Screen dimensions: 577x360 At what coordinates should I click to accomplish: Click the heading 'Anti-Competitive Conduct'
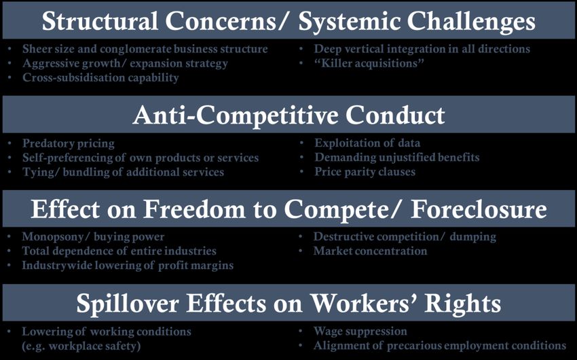coord(289,115)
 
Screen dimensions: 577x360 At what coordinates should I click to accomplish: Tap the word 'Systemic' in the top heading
coord(349,21)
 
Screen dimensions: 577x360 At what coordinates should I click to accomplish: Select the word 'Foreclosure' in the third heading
coord(479,209)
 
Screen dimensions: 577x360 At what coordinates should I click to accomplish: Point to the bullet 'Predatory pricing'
coord(69,143)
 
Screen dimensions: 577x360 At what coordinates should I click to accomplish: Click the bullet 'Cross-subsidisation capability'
coord(100,77)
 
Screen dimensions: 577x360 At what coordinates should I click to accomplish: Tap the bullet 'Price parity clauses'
coord(365,172)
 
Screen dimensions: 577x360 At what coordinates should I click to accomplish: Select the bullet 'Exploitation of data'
coord(367,143)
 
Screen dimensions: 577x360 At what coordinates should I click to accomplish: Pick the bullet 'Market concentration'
coord(370,251)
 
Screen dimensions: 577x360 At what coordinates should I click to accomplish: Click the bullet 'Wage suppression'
coord(360,331)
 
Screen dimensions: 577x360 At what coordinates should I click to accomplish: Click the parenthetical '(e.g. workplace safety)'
coord(81,346)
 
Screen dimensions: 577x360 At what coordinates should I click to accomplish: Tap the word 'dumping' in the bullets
coord(473,236)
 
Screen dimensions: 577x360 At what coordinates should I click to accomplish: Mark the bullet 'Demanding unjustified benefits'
coord(396,158)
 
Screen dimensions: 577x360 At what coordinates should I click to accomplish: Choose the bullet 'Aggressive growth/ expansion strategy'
coord(125,63)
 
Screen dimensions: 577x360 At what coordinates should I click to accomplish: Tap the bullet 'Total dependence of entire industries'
coord(119,251)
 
